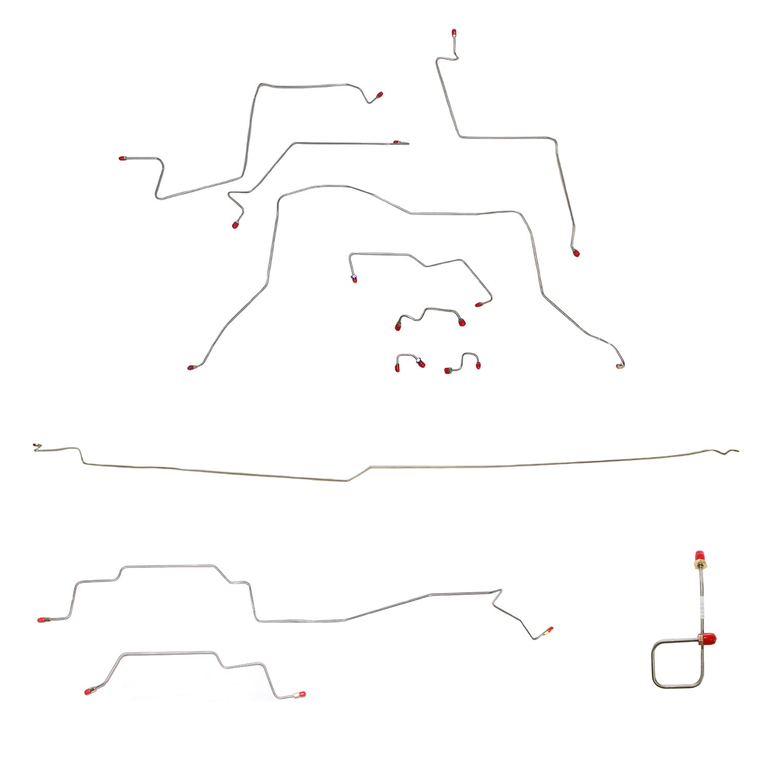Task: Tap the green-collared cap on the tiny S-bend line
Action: (x=448, y=371)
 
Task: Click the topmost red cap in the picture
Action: (x=454, y=33)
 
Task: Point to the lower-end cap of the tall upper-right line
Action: (x=576, y=252)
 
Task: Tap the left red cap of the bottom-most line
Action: (x=88, y=691)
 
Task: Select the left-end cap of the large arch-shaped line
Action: (x=191, y=368)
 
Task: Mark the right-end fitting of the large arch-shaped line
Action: (x=619, y=366)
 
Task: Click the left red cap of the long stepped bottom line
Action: (x=41, y=620)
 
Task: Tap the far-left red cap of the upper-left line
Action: (x=122, y=159)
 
